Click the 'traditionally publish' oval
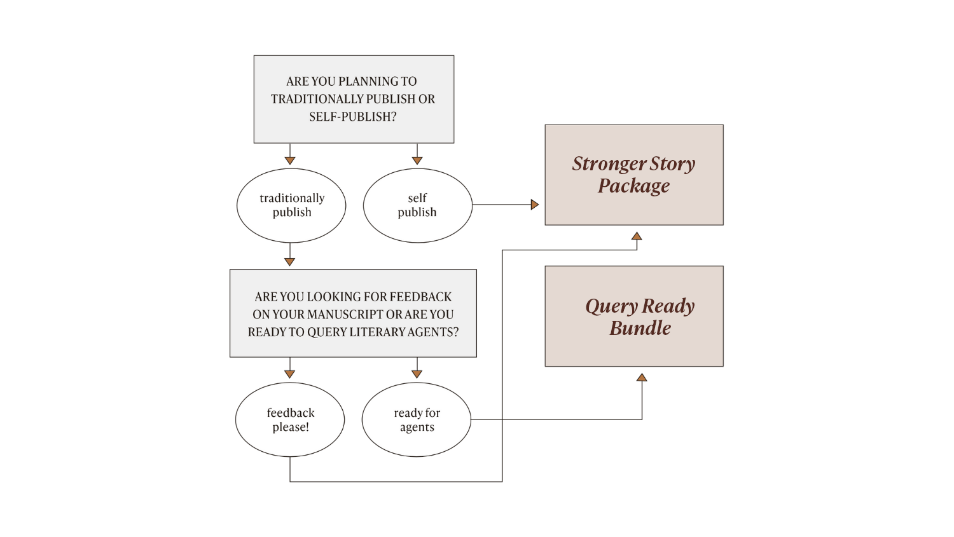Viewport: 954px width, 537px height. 291,205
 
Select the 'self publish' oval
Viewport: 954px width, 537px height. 417,205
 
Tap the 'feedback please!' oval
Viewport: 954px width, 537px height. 290,419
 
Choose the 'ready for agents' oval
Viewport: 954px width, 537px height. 417,419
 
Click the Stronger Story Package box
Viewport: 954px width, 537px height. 633,175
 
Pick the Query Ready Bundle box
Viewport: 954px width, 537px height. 633,316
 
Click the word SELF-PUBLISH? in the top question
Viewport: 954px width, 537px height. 353,117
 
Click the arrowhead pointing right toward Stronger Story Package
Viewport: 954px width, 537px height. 534,205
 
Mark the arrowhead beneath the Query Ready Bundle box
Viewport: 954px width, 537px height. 642,377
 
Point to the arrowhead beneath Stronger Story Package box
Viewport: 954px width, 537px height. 637,236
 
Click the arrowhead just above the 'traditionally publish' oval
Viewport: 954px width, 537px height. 290,161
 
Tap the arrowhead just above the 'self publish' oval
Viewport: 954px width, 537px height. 417,161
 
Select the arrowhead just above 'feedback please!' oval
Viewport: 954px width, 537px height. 290,374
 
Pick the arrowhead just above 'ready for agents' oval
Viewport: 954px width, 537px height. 417,374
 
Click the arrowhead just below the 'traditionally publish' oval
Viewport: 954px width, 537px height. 290,262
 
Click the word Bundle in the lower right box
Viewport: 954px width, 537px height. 640,328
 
